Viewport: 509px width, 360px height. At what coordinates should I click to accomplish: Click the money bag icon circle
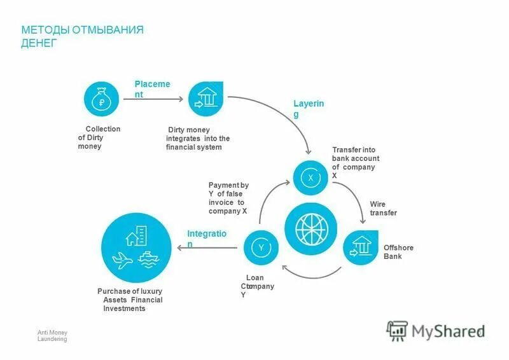(x=102, y=99)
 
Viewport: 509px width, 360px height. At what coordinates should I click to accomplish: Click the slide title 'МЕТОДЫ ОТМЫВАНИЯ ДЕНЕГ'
(x=82, y=36)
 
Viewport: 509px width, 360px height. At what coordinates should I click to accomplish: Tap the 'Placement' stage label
(x=151, y=89)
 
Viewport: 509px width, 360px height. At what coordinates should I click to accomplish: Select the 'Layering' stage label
(x=308, y=108)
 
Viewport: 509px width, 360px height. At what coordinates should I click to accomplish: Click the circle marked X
(x=310, y=178)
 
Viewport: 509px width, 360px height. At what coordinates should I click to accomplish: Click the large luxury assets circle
(x=137, y=247)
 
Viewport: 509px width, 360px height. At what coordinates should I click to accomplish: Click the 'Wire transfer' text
(x=383, y=209)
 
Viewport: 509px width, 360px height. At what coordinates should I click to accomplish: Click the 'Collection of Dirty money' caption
(x=99, y=137)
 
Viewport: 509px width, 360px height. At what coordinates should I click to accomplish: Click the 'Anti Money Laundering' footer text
(x=52, y=336)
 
